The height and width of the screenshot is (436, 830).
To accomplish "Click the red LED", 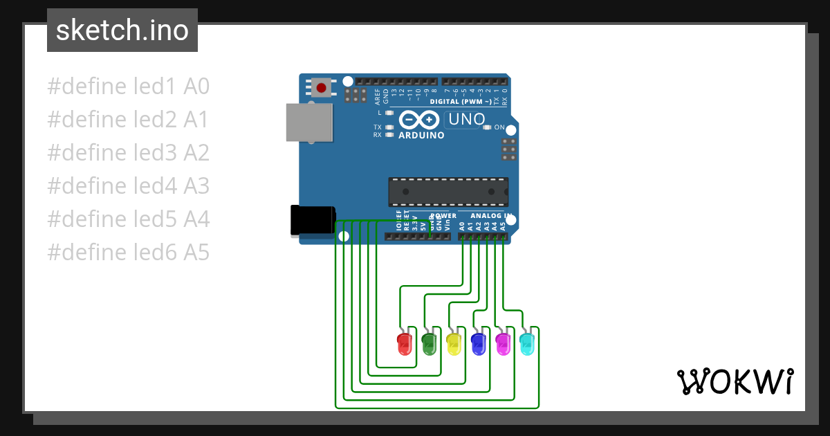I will [x=405, y=343].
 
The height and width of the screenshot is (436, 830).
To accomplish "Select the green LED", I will [x=429, y=343].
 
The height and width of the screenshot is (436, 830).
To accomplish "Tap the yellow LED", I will [x=454, y=343].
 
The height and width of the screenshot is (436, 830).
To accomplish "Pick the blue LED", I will [x=478, y=343].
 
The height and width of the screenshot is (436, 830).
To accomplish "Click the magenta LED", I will [x=503, y=343].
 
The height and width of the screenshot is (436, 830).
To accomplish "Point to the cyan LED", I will [x=527, y=343].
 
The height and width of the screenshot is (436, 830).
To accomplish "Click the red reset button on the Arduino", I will [x=322, y=88].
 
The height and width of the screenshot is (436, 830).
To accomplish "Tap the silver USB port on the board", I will [x=308, y=122].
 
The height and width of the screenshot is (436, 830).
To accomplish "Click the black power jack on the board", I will [x=313, y=219].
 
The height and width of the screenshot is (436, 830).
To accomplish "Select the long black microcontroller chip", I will [x=448, y=192].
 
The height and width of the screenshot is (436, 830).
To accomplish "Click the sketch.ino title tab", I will [x=122, y=30].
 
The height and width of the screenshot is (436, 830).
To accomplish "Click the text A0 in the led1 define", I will [x=196, y=87].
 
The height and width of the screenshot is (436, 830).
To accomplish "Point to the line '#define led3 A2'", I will [x=128, y=153].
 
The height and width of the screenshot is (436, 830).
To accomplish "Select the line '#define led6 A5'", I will [x=128, y=253].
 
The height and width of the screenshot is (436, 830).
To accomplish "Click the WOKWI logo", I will [x=735, y=381].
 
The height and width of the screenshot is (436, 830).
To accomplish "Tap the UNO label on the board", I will [x=467, y=119].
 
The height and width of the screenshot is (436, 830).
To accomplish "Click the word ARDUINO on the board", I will [x=421, y=135].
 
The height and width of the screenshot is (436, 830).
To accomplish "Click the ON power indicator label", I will [x=499, y=127].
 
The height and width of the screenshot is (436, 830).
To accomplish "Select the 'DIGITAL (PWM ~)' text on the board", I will [x=461, y=102].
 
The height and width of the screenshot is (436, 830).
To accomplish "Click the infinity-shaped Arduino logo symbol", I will [x=419, y=120].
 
